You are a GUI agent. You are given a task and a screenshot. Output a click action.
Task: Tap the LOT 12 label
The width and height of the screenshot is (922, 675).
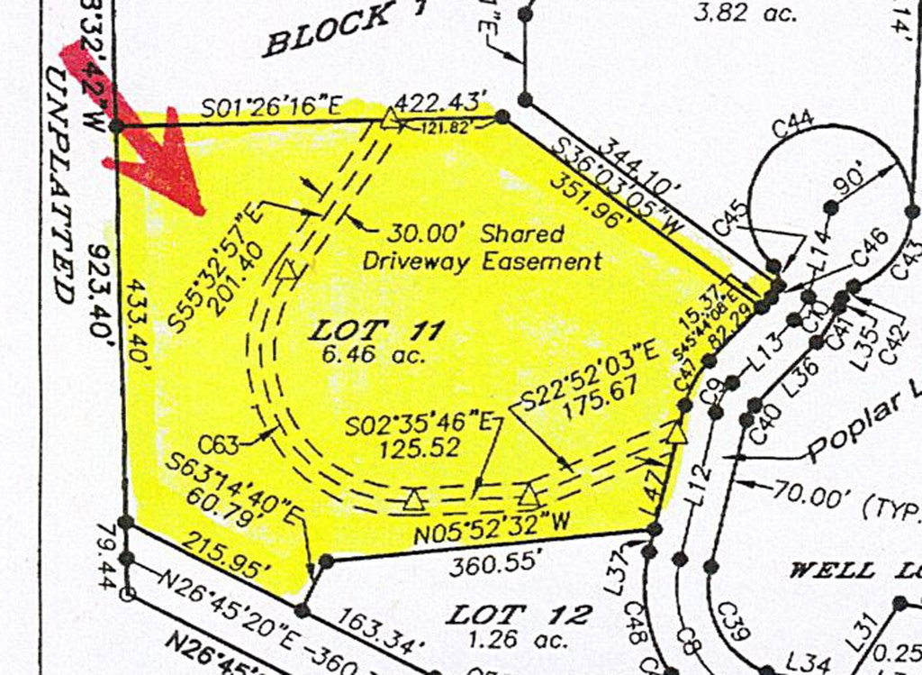(x=520, y=616)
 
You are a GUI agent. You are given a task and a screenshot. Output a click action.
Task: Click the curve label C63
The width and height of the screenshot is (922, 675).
(x=221, y=443)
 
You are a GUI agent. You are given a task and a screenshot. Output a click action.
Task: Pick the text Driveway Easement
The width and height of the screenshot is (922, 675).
(x=482, y=261)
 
